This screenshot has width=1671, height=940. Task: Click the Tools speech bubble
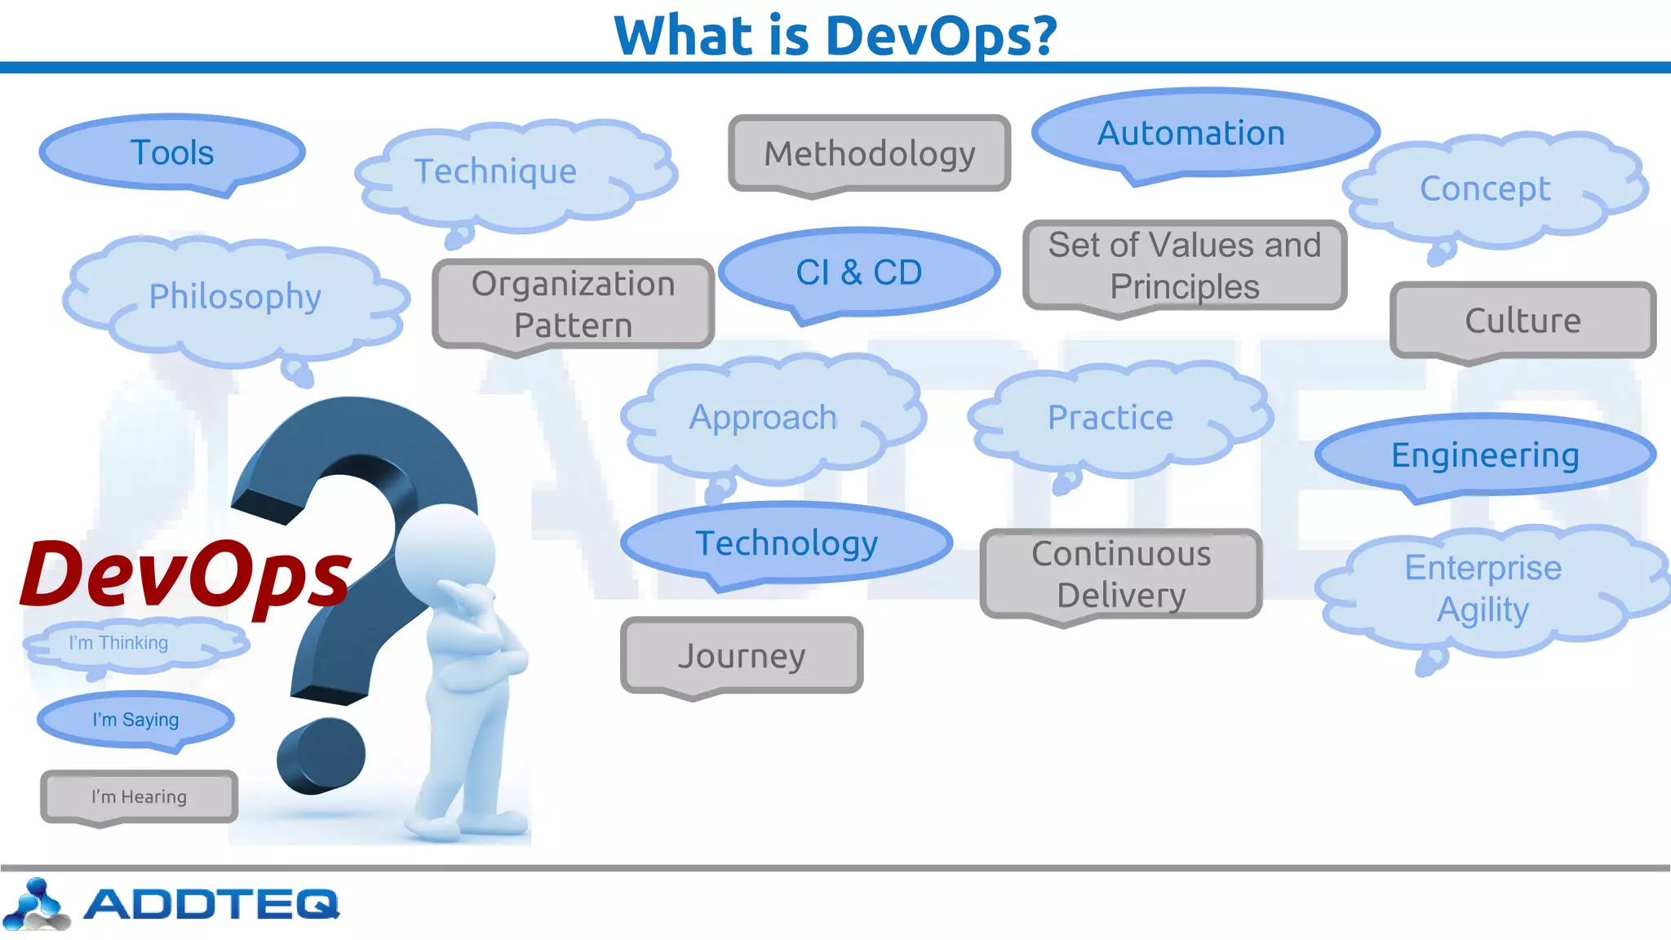pos(172,153)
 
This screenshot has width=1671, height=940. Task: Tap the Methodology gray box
pos(870,153)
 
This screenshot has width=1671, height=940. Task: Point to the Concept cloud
pos(1486,189)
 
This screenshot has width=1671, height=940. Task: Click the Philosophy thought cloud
pos(235,297)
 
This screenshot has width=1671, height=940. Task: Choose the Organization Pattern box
pos(573,304)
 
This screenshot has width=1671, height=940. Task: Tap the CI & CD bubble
pos(859,273)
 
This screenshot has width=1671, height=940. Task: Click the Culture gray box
pos(1523,321)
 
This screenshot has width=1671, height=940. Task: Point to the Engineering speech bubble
pos(1485,455)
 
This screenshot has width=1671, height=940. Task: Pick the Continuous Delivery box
pos(1121,574)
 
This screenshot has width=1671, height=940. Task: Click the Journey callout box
pos(742,656)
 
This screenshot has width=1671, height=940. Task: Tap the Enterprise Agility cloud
pos(1483,589)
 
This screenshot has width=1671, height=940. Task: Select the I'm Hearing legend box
pos(139,797)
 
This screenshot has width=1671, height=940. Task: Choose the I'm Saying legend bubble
pos(135,720)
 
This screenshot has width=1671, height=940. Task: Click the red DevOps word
pos(186,575)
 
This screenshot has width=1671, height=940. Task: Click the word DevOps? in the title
pos(941,36)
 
